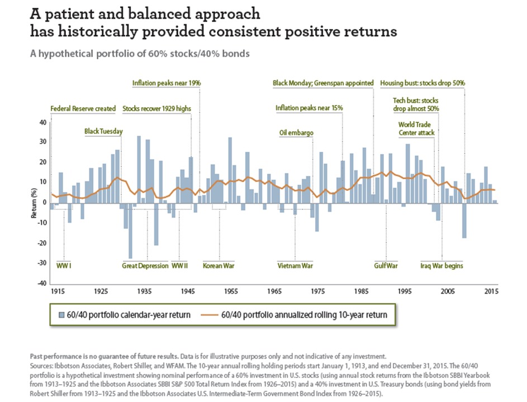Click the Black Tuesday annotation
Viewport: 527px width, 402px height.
(x=103, y=132)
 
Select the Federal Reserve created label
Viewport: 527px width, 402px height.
(x=83, y=108)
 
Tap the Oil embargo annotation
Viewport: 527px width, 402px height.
(x=296, y=133)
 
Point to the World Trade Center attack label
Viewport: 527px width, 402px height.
(x=416, y=128)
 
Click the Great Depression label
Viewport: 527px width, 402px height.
(x=145, y=266)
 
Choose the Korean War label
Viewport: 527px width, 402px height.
(x=219, y=266)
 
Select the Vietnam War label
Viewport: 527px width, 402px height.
(x=296, y=266)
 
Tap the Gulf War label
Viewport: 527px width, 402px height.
(x=386, y=266)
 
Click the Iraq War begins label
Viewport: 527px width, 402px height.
(x=441, y=266)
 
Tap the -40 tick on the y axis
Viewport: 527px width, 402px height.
(x=42, y=283)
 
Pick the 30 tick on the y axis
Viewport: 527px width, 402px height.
(x=43, y=142)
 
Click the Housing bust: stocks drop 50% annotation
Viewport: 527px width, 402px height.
(x=422, y=83)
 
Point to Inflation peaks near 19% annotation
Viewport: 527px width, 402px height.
(x=167, y=83)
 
